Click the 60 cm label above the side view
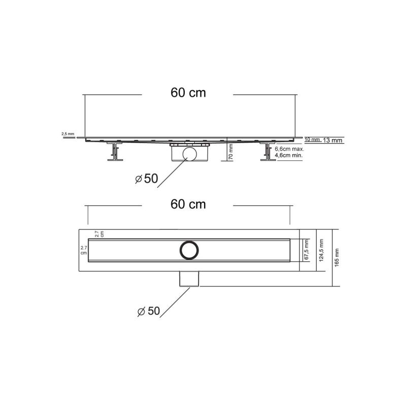tap(188, 93)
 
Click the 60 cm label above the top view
tap(188, 204)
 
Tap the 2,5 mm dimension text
tap(67, 133)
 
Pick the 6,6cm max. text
tap(289, 149)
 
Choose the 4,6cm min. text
tap(289, 156)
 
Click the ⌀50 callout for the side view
tap(147, 178)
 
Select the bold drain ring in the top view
tap(189, 250)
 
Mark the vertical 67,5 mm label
tap(306, 250)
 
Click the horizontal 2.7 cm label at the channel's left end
tap(84, 250)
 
